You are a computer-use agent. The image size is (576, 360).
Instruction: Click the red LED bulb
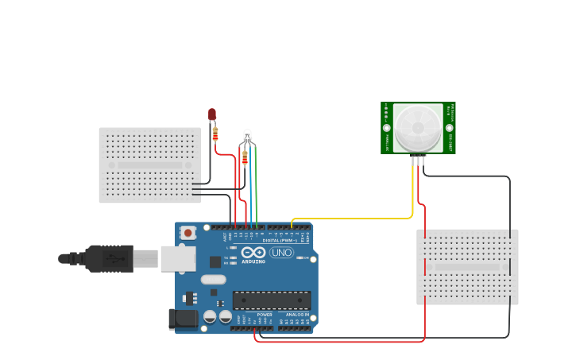tap(212, 115)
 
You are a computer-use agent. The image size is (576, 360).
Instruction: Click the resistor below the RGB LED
tap(245, 158)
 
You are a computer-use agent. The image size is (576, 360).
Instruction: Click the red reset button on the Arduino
tap(188, 233)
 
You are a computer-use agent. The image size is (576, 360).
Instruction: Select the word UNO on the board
tap(282, 253)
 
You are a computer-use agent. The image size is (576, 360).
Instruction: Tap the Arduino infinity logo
tap(254, 253)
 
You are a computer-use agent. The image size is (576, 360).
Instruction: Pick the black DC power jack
tap(184, 319)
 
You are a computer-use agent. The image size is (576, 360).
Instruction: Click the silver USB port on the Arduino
tap(177, 258)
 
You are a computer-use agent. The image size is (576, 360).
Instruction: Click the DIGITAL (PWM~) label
tap(280, 240)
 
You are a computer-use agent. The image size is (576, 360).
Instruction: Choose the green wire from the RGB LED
tap(256, 191)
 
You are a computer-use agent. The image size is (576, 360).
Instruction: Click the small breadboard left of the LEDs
tap(149, 165)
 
